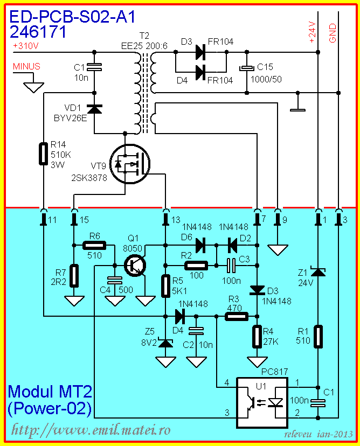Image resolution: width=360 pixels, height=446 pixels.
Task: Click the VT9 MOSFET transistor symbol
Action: click(x=129, y=164)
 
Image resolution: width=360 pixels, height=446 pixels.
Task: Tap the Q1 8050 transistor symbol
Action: click(x=135, y=265)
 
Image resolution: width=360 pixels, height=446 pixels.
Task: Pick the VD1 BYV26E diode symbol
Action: click(x=95, y=109)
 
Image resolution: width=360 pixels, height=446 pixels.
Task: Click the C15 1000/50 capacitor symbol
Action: click(x=246, y=68)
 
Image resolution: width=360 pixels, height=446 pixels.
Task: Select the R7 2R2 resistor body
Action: click(x=74, y=275)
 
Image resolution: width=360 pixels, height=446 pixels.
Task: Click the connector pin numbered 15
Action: click(x=74, y=219)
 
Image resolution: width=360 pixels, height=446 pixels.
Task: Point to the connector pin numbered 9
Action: click(x=277, y=219)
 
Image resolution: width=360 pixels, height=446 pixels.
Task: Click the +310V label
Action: click(x=25, y=46)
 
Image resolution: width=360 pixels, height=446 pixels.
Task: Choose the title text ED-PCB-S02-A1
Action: click(x=70, y=18)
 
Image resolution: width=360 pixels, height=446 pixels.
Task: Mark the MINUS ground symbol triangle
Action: click(x=34, y=85)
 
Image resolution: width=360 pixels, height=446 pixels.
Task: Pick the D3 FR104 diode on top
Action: click(x=200, y=52)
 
